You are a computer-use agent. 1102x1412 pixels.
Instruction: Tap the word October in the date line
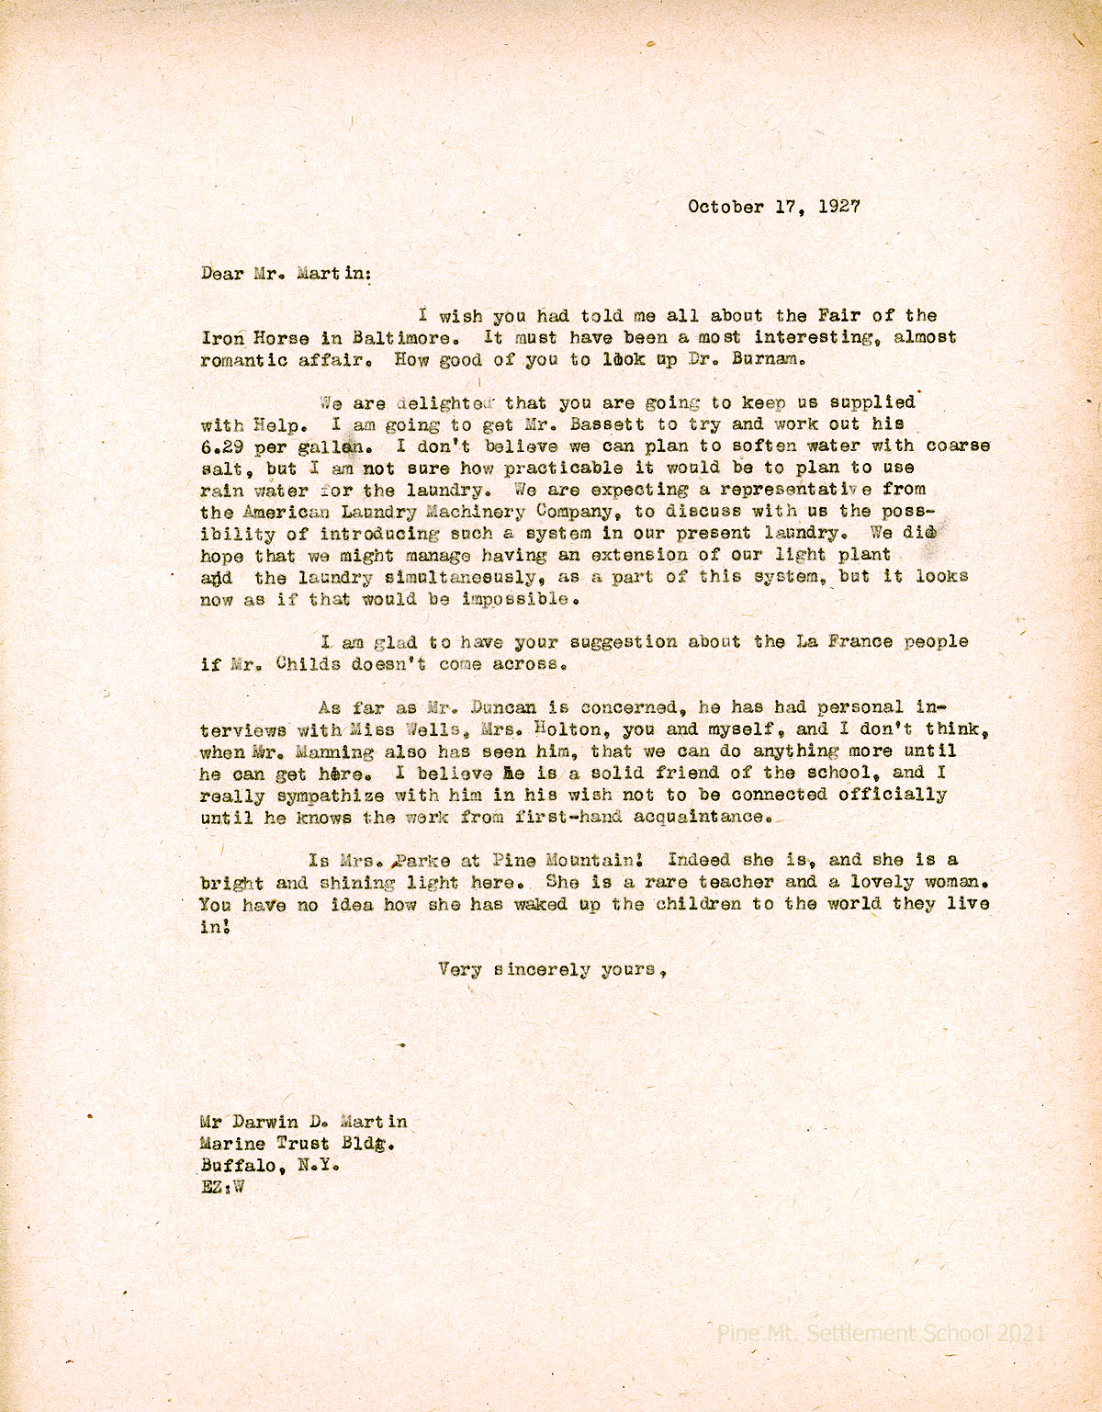pos(725,207)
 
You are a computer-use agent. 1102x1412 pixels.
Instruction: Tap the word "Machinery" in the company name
pos(478,512)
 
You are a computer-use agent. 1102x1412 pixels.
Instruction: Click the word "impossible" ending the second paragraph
pos(519,599)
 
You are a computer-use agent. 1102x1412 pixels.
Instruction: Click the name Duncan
pos(502,708)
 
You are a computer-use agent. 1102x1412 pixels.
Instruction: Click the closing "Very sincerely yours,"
pos(551,969)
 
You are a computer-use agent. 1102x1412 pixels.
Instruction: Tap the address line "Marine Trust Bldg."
pos(298,1144)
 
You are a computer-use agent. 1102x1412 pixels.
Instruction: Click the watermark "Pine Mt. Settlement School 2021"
pos(881,1333)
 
